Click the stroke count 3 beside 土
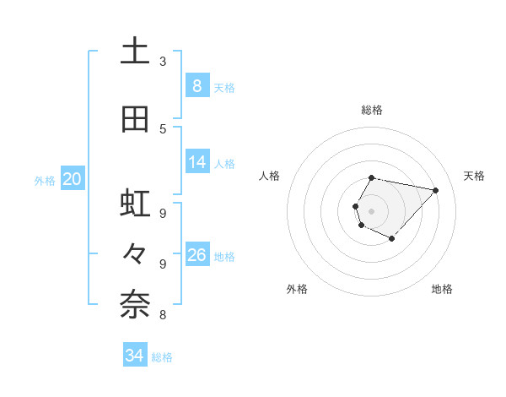[163, 62]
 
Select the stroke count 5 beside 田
[163, 129]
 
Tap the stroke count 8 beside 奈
[163, 315]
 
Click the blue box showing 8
[196, 86]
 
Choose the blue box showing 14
[197, 162]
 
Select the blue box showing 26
[197, 255]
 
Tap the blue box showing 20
[72, 179]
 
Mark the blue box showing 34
[135, 356]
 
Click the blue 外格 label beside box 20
[45, 180]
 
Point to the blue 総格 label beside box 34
[163, 357]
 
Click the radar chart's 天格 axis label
[474, 176]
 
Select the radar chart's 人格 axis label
[270, 176]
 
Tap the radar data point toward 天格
[435, 190]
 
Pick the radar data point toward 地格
[391, 239]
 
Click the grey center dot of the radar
[371, 210]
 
